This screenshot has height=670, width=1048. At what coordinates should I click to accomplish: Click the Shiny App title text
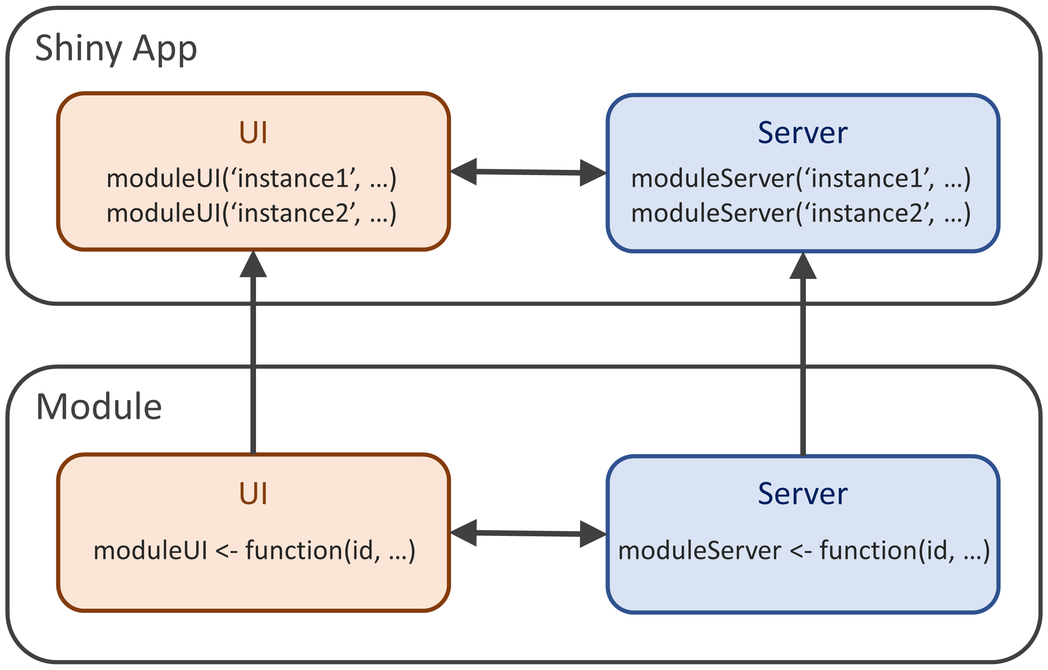tap(116, 49)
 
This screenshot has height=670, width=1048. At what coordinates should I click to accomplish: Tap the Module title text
tap(99, 406)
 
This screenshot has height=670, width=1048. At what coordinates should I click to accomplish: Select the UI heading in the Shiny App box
tap(253, 132)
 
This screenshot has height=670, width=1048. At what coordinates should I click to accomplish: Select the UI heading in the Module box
tap(253, 493)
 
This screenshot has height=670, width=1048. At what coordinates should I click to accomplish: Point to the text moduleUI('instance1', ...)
tap(251, 179)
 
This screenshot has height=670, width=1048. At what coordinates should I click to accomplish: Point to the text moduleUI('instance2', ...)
tap(251, 213)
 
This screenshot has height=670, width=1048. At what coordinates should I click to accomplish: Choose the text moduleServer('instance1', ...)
tap(801, 179)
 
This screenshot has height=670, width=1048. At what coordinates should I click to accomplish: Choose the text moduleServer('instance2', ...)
tap(801, 213)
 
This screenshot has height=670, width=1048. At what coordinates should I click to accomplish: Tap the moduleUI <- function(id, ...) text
tap(254, 551)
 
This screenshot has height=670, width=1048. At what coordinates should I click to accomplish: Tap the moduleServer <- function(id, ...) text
tap(804, 551)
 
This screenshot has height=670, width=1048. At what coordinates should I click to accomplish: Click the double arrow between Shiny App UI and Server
tap(528, 172)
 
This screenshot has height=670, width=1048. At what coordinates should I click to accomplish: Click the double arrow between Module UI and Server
tap(528, 533)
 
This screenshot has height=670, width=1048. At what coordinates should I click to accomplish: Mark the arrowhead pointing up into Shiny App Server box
tap(803, 266)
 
